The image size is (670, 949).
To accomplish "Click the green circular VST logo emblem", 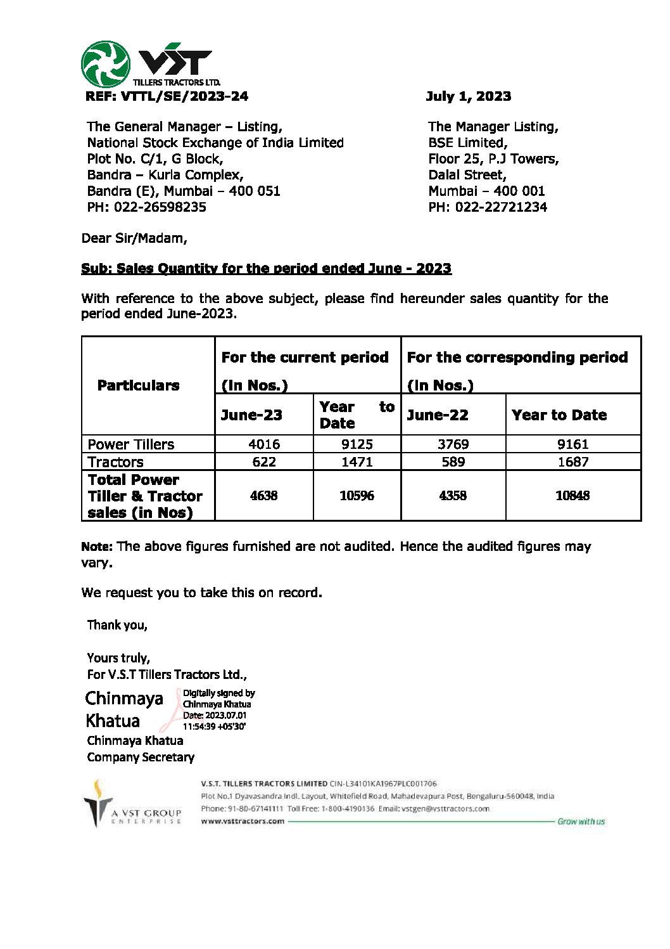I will pos(106,65).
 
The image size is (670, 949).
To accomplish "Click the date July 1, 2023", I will pos(468,96).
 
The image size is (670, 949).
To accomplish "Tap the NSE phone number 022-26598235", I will pos(160,207).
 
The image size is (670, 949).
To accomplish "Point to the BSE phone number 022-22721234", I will pos(500,207).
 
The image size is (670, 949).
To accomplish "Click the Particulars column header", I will pos(138,385).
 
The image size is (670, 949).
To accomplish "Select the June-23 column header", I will pos(251,415).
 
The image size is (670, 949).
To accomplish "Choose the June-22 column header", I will pos(438,415).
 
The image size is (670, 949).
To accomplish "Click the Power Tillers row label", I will pos(130,444).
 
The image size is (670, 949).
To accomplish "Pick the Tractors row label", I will pos(115,462).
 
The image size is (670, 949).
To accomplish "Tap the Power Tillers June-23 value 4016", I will pos(264,444).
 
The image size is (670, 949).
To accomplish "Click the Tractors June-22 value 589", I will pos(453,462).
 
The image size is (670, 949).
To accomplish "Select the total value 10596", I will pos(357,496).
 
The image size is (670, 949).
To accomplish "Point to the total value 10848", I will pos(572,496).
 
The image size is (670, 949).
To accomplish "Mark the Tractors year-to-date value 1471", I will pos(357,462).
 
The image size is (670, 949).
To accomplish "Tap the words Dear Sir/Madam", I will pos(134,238).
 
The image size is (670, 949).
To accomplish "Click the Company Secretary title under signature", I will pos(141,757).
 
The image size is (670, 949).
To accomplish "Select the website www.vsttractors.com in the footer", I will pos(243,821).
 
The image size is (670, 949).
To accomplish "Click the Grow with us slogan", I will pos(581,822).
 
